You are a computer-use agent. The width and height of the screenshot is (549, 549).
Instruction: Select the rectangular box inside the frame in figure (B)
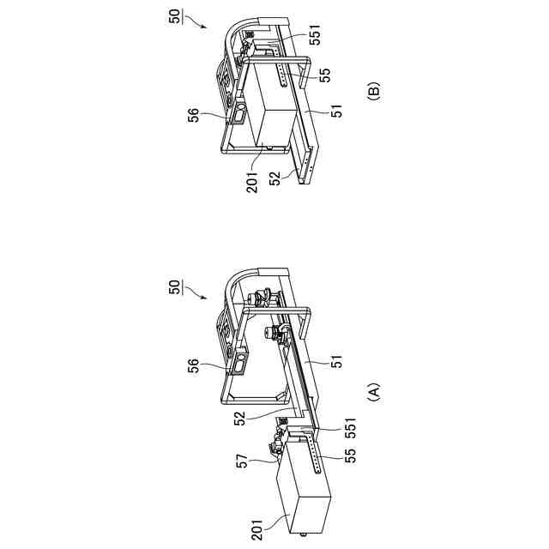click(x=274, y=112)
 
